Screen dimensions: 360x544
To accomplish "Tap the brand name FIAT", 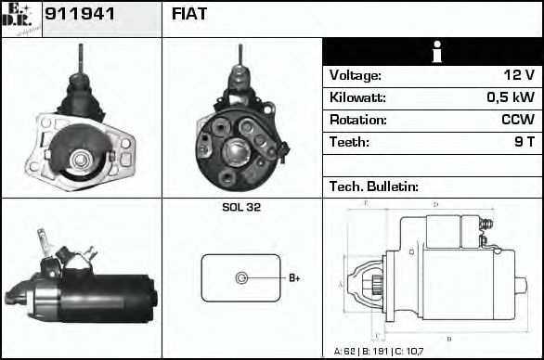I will coord(189,14).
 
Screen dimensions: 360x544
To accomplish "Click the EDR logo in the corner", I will coord(20,18).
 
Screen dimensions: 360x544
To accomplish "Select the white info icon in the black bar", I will coord(432,52).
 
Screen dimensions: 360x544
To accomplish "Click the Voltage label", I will coord(355,76).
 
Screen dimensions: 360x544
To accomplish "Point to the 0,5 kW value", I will coord(510,98).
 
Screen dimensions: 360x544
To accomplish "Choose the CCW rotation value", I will coord(517,121).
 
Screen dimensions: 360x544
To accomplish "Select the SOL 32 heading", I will coord(241,208).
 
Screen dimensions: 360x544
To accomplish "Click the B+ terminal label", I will coord(294,277).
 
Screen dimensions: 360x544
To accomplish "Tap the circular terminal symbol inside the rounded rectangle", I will coord(242,277).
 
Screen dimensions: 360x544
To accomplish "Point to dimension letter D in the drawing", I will coord(435,204).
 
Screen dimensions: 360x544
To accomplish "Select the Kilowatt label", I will coord(357,98).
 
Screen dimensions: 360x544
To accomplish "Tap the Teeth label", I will coord(349,143).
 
